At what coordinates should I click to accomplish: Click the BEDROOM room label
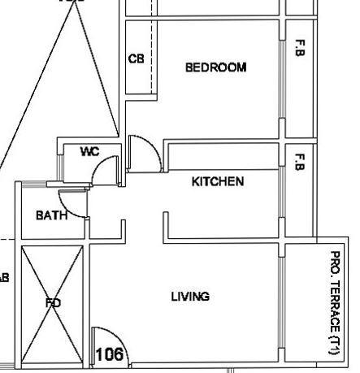click(215, 67)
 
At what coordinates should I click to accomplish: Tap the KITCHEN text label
click(217, 181)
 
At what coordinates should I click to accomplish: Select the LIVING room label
click(190, 297)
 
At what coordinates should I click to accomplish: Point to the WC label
click(89, 152)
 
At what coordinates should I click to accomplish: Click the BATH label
click(50, 215)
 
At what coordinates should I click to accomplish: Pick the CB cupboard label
click(136, 59)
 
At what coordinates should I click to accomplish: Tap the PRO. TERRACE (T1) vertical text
click(334, 301)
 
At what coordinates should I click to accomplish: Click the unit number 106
click(109, 354)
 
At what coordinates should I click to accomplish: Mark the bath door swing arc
click(76, 206)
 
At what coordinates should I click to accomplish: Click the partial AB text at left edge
click(4, 276)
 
